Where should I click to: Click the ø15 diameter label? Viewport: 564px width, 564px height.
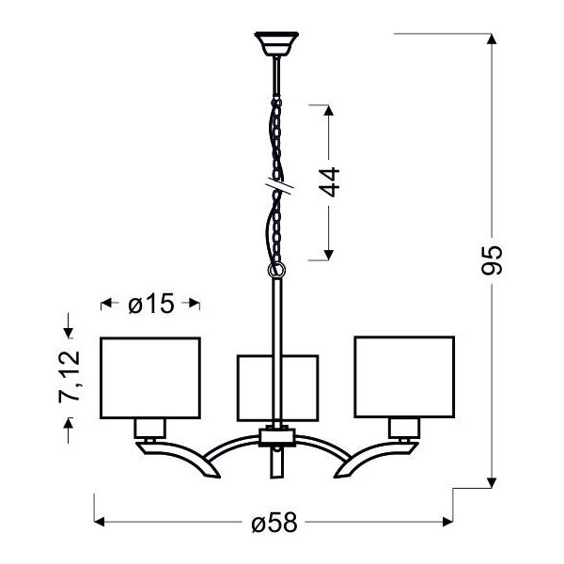tap(149, 304)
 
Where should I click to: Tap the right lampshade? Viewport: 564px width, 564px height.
tap(403, 376)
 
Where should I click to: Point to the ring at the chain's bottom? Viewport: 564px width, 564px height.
tap(276, 271)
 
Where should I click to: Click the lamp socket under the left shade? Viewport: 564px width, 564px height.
tap(149, 429)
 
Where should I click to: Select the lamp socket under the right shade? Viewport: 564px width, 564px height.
tap(402, 429)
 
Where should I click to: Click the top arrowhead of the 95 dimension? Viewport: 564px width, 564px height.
tap(490, 39)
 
